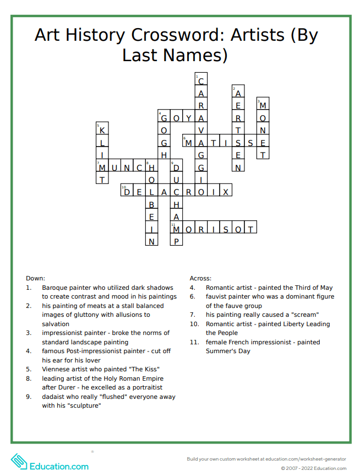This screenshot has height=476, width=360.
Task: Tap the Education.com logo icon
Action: click(19, 462)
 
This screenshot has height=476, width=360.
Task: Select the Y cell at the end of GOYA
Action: click(189, 118)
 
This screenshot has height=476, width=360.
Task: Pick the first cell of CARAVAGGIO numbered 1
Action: click(201, 80)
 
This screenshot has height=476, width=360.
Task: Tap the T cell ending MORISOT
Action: click(250, 229)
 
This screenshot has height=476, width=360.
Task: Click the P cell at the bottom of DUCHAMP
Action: click(177, 241)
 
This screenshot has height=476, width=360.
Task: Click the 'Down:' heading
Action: click(35, 278)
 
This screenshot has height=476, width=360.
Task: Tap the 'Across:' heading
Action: click(200, 278)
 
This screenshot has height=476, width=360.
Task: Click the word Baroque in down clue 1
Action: click(55, 288)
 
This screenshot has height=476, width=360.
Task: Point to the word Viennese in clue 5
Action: click(56, 369)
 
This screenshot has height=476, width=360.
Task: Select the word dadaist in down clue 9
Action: click(53, 396)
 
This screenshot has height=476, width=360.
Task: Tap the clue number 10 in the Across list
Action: click(194, 324)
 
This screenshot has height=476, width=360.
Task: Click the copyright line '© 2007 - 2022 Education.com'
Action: click(313, 468)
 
